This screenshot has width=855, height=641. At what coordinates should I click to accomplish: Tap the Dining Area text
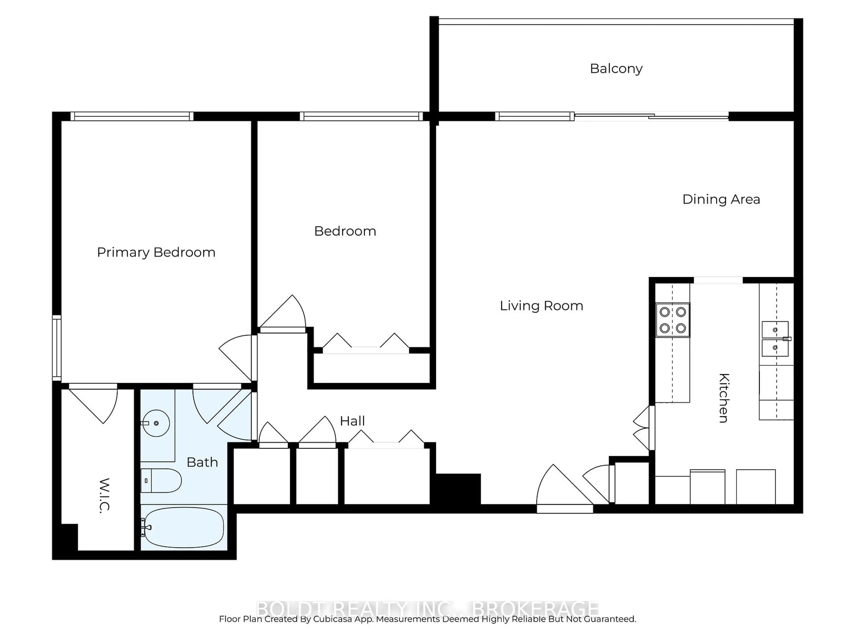click(x=721, y=199)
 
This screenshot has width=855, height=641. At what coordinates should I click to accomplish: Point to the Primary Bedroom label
click(x=156, y=252)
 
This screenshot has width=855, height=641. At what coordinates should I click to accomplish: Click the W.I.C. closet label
click(x=104, y=495)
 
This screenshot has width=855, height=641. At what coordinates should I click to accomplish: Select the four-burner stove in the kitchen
click(x=673, y=320)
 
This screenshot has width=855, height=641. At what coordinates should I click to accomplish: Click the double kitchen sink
click(x=775, y=339)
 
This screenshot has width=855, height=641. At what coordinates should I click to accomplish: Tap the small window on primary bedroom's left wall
click(x=57, y=348)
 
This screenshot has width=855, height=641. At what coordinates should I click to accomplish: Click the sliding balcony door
click(x=651, y=116)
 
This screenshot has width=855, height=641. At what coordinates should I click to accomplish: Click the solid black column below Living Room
click(x=458, y=489)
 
